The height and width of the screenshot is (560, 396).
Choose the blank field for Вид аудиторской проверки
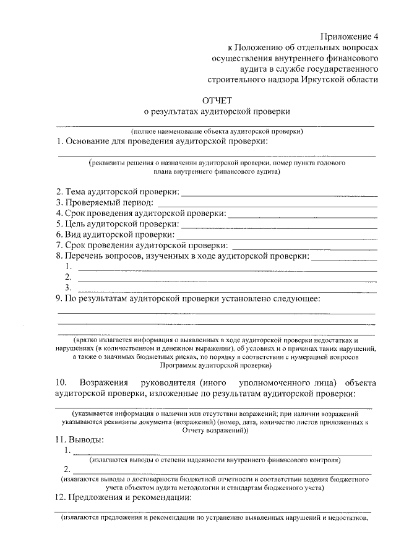click(x=277, y=236)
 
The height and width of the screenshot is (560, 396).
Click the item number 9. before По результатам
click(x=59, y=299)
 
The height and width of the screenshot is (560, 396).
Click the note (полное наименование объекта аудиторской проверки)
click(x=217, y=131)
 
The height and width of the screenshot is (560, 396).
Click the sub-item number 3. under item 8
click(x=67, y=288)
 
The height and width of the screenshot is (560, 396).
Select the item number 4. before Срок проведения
click(x=59, y=214)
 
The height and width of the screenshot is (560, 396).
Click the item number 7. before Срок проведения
click(x=59, y=246)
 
